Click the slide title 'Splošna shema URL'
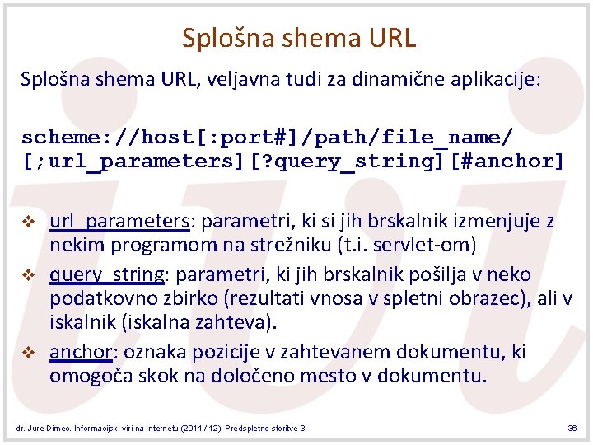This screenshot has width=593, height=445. pyautogui.click(x=299, y=38)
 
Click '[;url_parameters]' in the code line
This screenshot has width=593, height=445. pyautogui.click(x=128, y=161)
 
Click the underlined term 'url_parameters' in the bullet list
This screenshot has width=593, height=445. pyautogui.click(x=119, y=221)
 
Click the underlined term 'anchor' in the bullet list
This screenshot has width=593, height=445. pyautogui.click(x=80, y=352)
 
